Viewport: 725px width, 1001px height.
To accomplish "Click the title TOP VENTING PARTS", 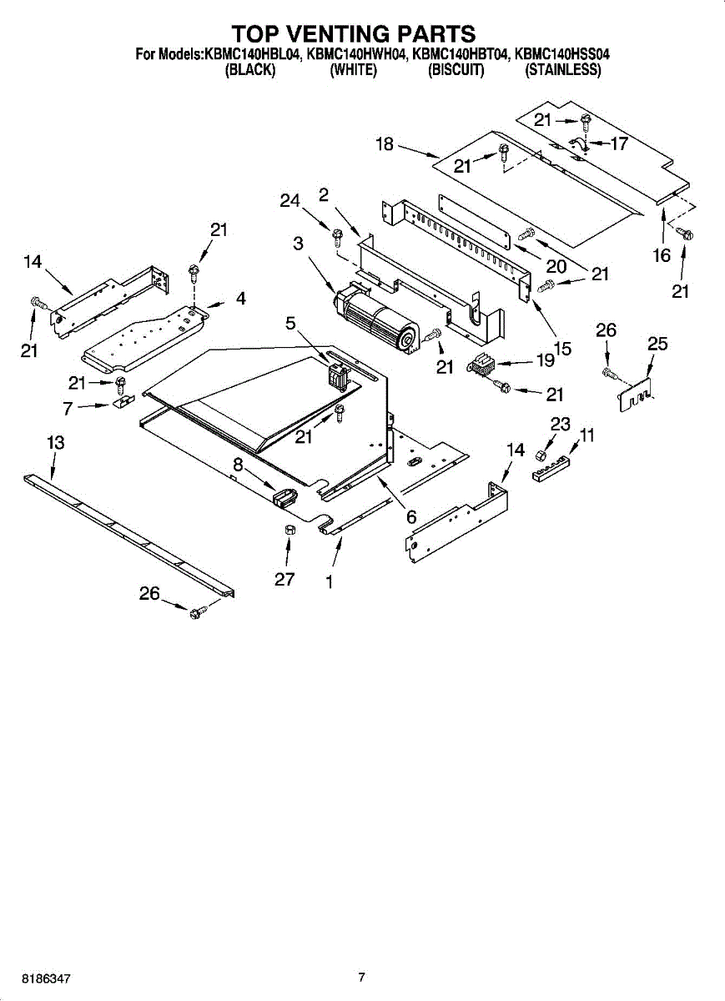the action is (354, 34).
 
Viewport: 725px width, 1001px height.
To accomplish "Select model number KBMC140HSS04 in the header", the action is (561, 54).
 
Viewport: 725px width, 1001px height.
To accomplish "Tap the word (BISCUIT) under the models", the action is (456, 70).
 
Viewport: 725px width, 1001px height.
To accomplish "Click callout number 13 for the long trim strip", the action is (56, 442).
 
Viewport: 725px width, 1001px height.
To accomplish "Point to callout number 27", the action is (284, 579).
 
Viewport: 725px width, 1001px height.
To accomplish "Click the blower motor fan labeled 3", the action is (377, 319).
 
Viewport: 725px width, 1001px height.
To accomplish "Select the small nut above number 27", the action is (289, 531).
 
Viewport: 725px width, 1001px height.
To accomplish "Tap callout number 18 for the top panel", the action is (385, 143).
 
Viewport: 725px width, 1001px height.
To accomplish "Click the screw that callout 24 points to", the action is (337, 236).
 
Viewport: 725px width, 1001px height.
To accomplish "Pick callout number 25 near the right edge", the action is (657, 343).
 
